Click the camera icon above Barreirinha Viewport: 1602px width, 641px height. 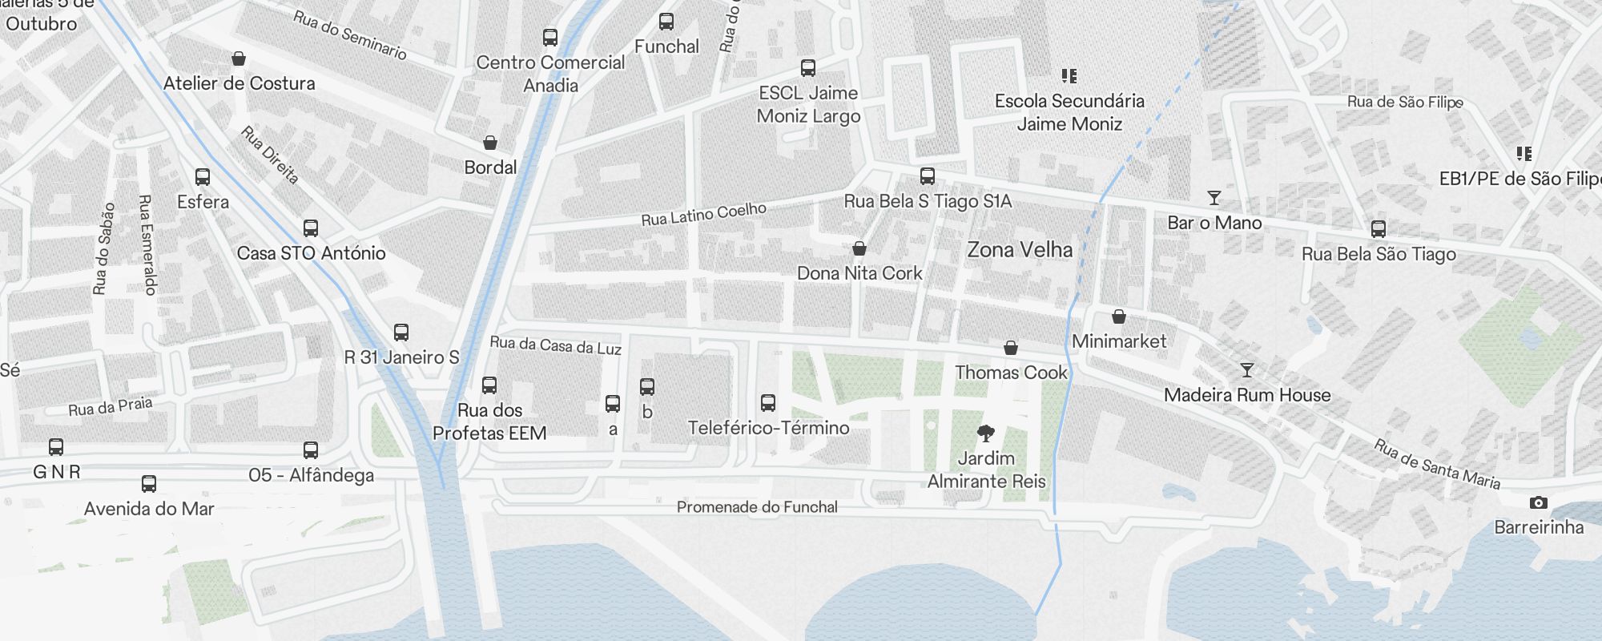click(1538, 503)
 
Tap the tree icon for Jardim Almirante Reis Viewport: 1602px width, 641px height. click(986, 433)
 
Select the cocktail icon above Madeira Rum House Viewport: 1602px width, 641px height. click(1247, 370)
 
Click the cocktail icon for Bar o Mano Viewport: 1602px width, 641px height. click(1214, 198)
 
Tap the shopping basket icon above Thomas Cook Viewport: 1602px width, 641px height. click(1011, 349)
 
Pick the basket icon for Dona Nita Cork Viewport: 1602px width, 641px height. click(859, 249)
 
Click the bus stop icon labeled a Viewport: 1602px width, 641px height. click(613, 404)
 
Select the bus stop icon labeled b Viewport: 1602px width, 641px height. click(647, 388)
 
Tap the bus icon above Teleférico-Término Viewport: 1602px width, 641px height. click(768, 403)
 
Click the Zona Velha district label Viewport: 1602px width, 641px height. click(1020, 250)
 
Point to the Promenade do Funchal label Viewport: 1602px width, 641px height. click(757, 507)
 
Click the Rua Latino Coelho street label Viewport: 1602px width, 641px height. click(703, 214)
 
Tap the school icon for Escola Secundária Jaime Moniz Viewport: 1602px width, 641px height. click(1069, 76)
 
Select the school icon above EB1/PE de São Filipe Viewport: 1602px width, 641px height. click(1524, 154)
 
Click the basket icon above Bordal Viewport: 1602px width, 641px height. click(490, 143)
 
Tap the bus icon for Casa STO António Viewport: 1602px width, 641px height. click(311, 228)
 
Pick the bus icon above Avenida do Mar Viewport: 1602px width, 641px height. click(149, 484)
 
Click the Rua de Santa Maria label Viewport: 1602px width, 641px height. click(1437, 464)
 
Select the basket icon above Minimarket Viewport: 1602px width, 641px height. click(1119, 317)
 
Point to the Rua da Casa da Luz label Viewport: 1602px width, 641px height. click(555, 345)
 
